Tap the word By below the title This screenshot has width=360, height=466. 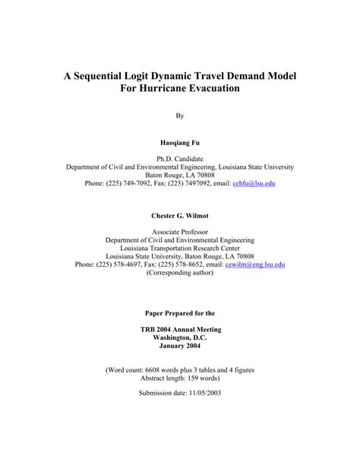point(180,116)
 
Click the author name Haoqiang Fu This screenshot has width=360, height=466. point(180,143)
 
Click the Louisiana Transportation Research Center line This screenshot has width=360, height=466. point(180,248)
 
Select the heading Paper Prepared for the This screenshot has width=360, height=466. point(180,312)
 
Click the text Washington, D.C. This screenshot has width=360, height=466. point(180,338)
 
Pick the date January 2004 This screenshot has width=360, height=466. point(180,347)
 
